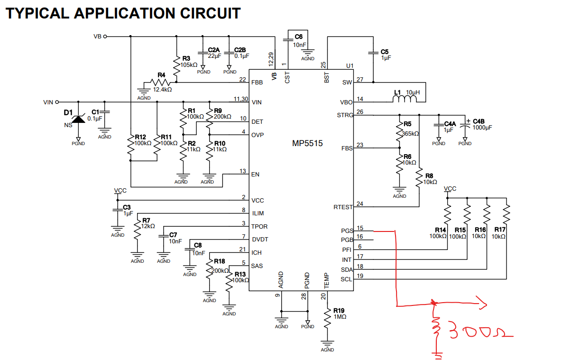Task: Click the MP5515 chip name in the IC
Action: (307, 143)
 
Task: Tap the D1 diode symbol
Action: (78, 119)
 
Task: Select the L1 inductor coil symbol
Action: (405, 99)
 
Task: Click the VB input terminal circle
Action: (105, 37)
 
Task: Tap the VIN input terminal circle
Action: (57, 102)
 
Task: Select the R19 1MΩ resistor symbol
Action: (327, 318)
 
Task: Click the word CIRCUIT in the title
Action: (210, 13)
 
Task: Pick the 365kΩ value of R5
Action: (410, 134)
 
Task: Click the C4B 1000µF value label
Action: (482, 128)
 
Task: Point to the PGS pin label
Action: (347, 231)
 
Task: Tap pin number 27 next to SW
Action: (360, 80)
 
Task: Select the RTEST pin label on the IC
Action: (343, 207)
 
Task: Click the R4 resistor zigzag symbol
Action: (160, 82)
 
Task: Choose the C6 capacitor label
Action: (298, 37)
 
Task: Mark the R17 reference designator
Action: (500, 230)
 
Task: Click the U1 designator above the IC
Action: (350, 66)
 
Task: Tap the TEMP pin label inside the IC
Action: (327, 281)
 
